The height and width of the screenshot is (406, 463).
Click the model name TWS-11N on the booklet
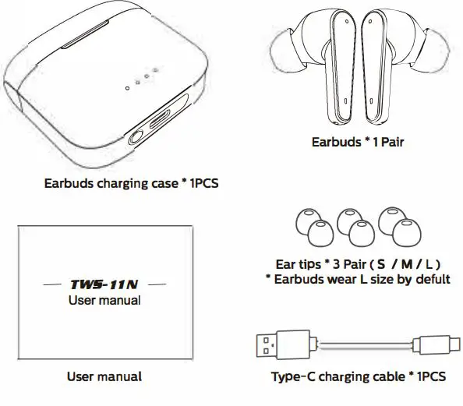click(104, 284)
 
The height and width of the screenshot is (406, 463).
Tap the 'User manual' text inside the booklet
click(104, 300)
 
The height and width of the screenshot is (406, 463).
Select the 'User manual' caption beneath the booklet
click(104, 376)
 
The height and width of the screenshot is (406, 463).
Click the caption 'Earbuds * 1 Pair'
click(357, 142)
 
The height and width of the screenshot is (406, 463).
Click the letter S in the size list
click(382, 264)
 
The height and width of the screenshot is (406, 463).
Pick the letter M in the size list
click(406, 264)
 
